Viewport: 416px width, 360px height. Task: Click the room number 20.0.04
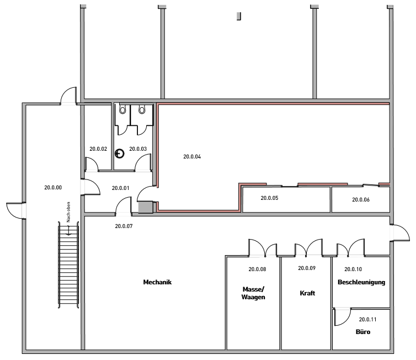[192, 157]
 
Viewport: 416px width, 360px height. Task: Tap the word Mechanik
[157, 282]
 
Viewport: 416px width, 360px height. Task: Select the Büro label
[363, 332]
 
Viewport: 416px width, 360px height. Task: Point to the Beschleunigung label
[361, 282]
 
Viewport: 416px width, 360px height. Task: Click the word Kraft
[307, 293]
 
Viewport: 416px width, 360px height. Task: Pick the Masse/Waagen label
[253, 293]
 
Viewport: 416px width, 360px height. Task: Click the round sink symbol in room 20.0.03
[119, 153]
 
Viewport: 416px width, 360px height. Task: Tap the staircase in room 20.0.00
[68, 264]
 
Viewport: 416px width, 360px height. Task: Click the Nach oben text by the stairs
[68, 212]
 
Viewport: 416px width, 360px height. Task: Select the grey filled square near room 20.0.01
[146, 208]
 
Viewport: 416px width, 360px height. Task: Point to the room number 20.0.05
[269, 198]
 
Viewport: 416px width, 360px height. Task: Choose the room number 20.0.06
[360, 200]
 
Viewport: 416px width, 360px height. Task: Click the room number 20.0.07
[124, 226]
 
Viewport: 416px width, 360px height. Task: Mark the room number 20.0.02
[98, 149]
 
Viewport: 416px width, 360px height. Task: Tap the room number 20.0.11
[367, 320]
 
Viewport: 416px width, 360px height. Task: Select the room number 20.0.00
[53, 188]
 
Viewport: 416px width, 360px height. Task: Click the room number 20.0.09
[307, 268]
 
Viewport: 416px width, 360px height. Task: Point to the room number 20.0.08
[257, 269]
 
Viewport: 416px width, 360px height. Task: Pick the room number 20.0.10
[353, 269]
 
